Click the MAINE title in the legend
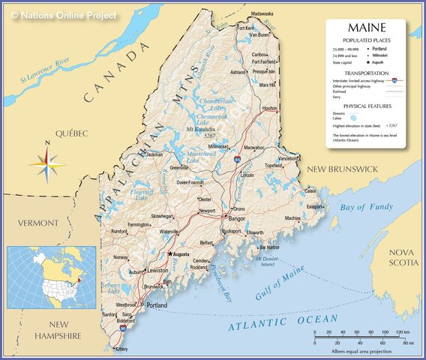366,29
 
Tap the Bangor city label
236,219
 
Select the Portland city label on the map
157,306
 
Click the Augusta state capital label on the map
181,254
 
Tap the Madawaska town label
262,14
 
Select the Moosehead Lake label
182,157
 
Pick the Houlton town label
270,109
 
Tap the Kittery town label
121,349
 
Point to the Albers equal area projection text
361,351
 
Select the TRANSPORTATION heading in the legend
366,73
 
